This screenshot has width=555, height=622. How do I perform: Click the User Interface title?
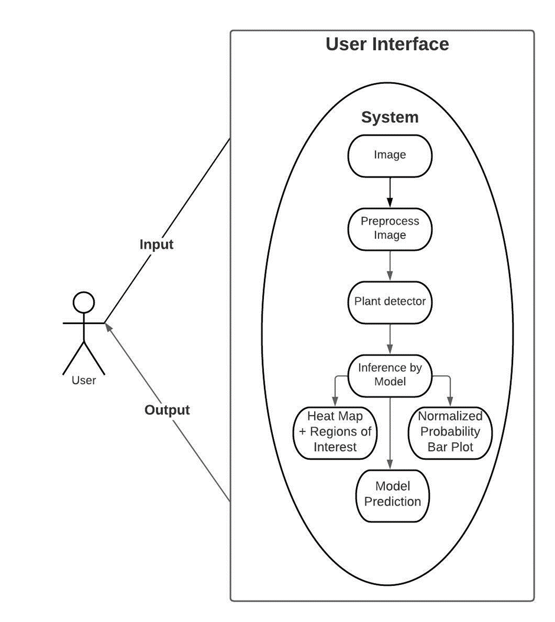click(387, 44)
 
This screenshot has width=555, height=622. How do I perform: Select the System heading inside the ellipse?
click(390, 117)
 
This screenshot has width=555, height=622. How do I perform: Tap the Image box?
click(390, 155)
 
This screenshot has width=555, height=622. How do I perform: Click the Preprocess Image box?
click(390, 228)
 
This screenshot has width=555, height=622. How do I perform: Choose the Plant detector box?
click(390, 302)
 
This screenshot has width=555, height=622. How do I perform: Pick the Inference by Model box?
click(390, 375)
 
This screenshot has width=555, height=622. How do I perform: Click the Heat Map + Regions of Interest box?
click(335, 432)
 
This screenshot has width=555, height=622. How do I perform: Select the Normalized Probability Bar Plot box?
click(450, 432)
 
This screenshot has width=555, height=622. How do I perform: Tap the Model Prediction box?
click(393, 495)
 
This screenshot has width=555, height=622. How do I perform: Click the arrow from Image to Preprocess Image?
click(390, 192)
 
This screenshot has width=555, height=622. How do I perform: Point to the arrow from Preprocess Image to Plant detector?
click(390, 265)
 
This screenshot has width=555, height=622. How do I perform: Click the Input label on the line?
click(156, 244)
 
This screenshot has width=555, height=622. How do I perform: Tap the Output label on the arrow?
click(167, 410)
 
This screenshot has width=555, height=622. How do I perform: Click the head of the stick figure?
click(83, 302)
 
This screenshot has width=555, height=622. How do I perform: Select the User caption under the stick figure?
click(83, 381)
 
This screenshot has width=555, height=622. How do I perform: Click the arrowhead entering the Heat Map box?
click(335, 401)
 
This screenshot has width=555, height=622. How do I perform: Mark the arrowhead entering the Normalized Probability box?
click(450, 401)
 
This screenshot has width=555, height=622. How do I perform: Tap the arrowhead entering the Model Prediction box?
click(390, 465)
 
